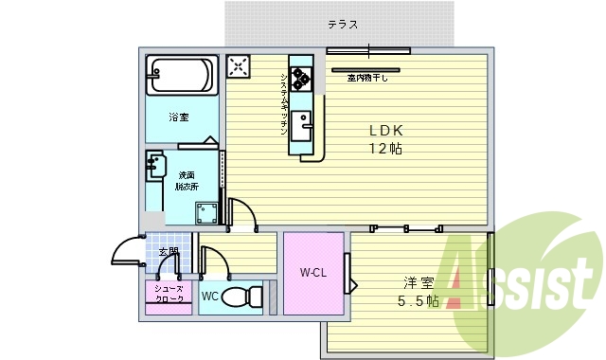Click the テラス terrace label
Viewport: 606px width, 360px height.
click(342, 24)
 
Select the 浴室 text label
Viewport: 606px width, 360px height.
click(179, 117)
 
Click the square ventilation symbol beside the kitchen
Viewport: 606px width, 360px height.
click(239, 66)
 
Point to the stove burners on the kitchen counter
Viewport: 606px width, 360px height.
click(302, 78)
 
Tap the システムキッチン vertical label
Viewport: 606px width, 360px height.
click(284, 103)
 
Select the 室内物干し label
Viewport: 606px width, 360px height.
click(365, 79)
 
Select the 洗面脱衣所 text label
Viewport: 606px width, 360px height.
click(185, 180)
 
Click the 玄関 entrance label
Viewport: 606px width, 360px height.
click(169, 252)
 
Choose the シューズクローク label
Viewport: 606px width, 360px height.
click(169, 293)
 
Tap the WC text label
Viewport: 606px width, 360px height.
click(209, 296)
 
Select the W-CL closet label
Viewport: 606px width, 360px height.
click(313, 274)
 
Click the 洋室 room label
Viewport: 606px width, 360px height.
click(419, 281)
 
